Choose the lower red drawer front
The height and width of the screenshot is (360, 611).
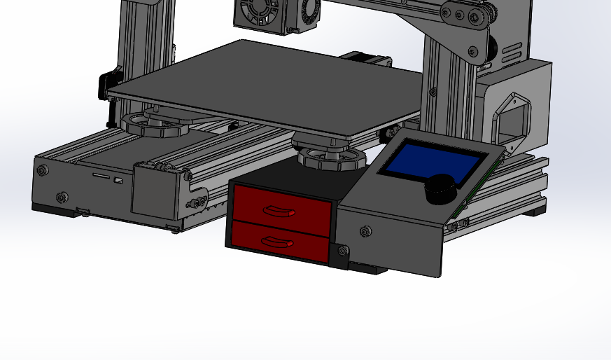280,242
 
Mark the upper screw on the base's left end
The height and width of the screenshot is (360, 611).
43,170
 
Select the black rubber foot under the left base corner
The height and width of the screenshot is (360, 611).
52,209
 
